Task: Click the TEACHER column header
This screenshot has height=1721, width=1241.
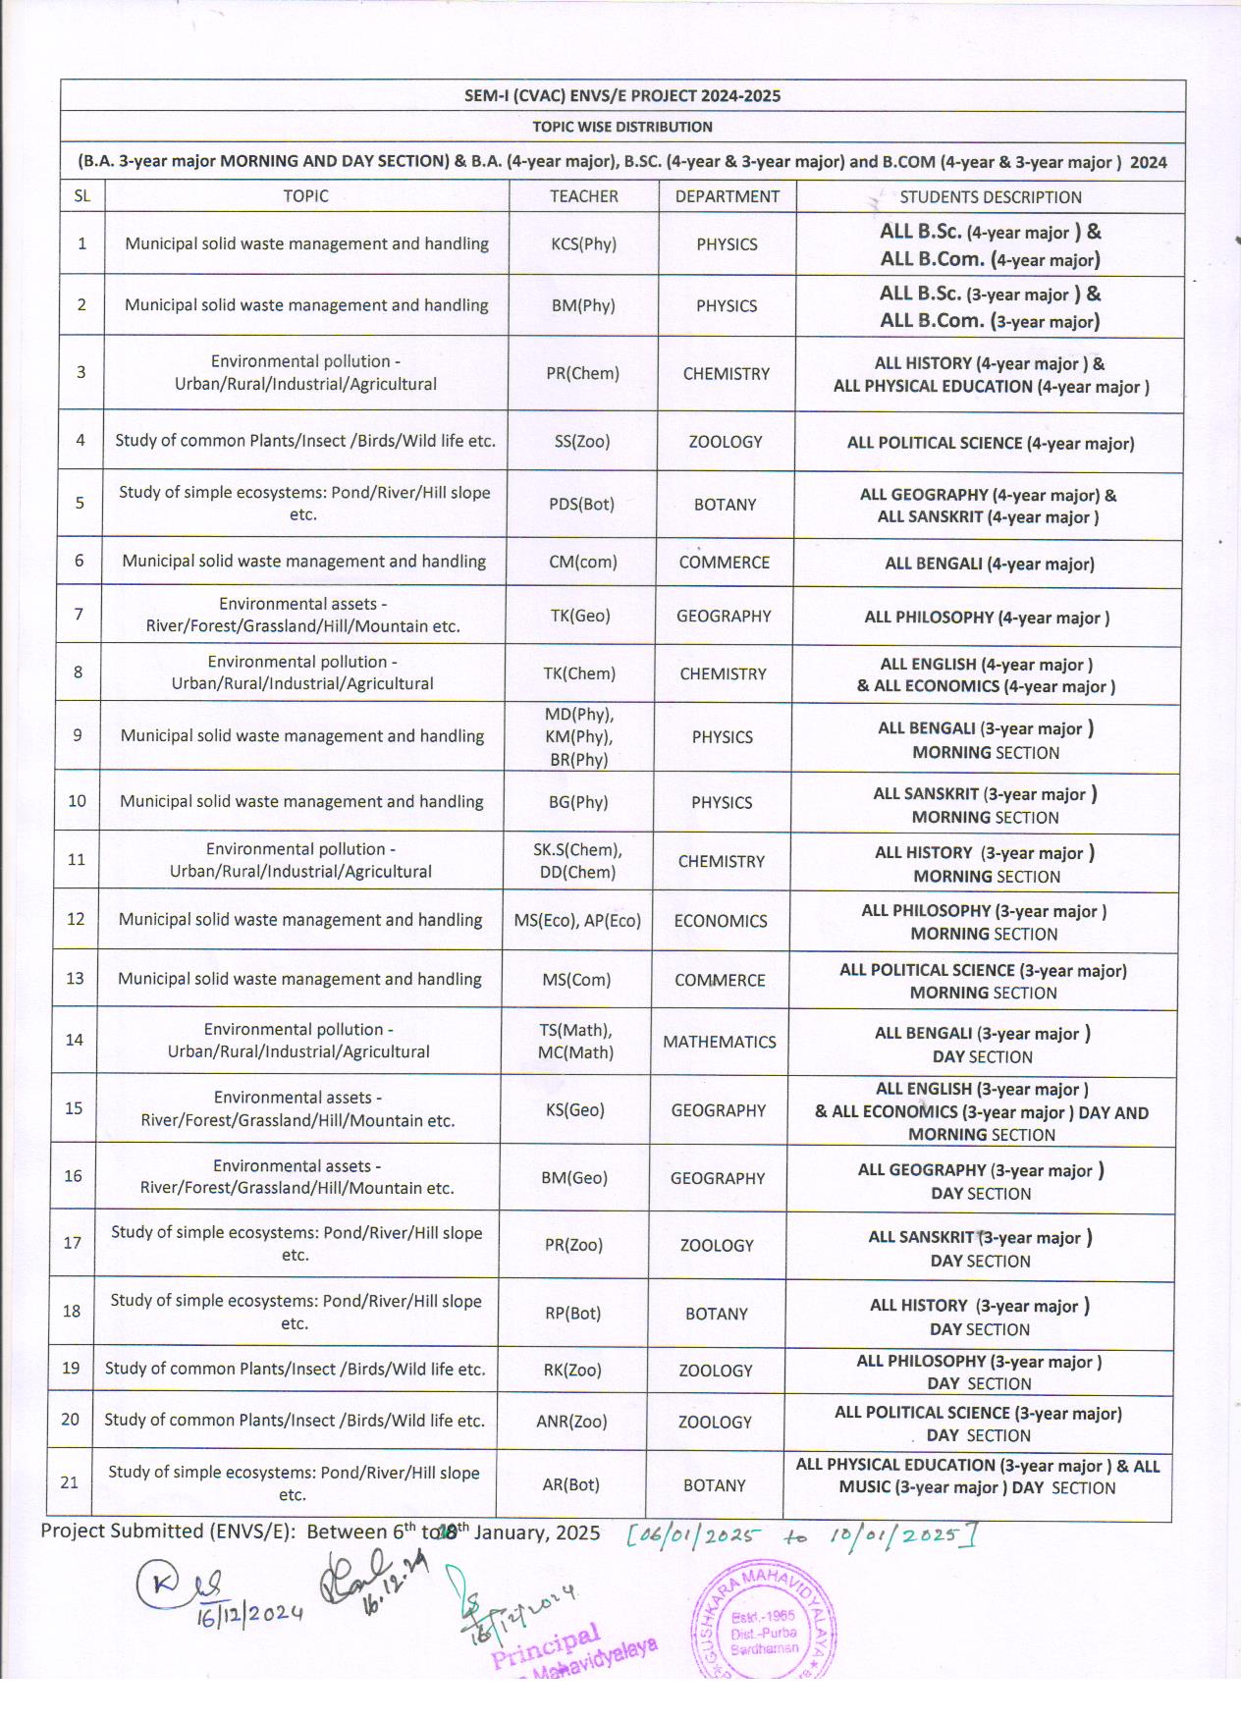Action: (583, 196)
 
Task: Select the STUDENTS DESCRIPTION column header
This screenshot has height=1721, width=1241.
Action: (990, 197)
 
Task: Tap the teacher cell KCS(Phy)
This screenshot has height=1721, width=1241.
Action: (583, 244)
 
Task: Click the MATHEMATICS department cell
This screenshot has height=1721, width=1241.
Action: (719, 1042)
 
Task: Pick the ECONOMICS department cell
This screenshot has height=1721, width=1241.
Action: (721, 921)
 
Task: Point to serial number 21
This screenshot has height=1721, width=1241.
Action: (70, 1482)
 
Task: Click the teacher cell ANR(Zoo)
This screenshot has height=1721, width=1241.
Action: (571, 1421)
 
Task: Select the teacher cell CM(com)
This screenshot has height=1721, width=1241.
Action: (582, 562)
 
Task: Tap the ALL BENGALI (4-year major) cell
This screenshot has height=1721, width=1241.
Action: (989, 564)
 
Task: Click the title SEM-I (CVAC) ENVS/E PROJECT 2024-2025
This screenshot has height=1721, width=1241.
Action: (622, 95)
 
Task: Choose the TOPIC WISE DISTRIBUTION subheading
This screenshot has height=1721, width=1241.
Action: (622, 127)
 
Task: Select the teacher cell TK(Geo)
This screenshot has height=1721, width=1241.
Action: (580, 616)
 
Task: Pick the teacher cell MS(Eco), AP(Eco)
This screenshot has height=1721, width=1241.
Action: (577, 920)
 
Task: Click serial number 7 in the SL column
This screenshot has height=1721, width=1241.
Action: (79, 615)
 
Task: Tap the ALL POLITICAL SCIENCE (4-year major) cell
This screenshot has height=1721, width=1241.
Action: (990, 443)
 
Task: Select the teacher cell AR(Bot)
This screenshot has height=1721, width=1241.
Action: (570, 1484)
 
